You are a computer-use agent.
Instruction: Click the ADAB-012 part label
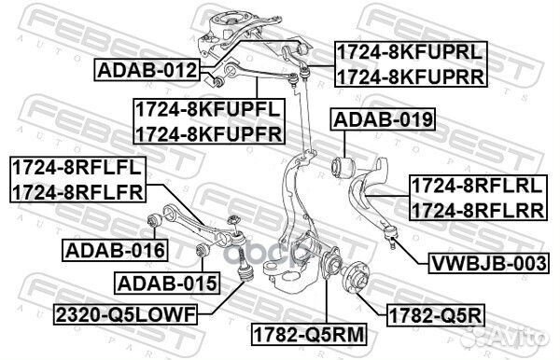[x=147, y=70]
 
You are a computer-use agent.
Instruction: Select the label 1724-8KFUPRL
[x=411, y=53]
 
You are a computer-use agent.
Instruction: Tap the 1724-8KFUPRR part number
[x=411, y=76]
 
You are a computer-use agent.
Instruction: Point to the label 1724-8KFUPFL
[x=208, y=109]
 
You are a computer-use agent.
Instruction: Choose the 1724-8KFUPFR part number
[x=209, y=132]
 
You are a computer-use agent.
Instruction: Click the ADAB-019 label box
[x=384, y=119]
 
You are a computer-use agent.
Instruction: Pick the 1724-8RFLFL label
[x=77, y=167]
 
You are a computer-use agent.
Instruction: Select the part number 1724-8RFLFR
[x=77, y=191]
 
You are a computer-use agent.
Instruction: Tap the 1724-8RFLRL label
[x=478, y=186]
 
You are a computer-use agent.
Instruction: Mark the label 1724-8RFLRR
[x=478, y=210]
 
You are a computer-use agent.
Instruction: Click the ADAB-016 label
[x=115, y=250]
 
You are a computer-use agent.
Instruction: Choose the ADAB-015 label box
[x=167, y=284]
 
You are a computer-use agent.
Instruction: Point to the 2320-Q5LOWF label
[x=125, y=314]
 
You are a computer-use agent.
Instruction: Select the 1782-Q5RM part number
[x=309, y=334]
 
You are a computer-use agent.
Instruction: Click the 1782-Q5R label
[x=436, y=315]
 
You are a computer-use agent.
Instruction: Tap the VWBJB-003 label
[x=488, y=263]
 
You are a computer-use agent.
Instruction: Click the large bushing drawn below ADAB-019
[x=343, y=167]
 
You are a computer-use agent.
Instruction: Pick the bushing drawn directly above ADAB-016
[x=154, y=220]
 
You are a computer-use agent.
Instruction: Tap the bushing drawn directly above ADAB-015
[x=203, y=249]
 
